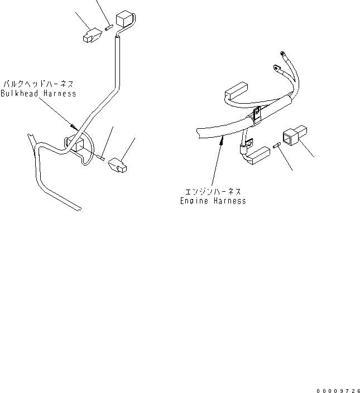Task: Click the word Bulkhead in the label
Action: pos(20,94)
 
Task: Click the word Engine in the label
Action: pos(194,201)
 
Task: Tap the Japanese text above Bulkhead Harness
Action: pos(39,84)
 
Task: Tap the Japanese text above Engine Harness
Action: pos(213,192)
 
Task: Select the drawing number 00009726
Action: pos(338,391)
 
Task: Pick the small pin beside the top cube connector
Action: pos(109,27)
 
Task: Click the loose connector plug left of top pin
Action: pos(92,36)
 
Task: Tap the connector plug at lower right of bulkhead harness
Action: pos(117,165)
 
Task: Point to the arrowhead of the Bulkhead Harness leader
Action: pos(74,127)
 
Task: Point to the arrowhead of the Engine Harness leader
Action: pos(222,140)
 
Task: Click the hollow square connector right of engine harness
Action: pos(295,135)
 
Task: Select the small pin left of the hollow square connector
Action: pos(276,145)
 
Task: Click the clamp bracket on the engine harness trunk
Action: pos(257,115)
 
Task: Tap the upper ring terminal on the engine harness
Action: pos(282,54)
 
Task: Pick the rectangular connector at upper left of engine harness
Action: pos(236,91)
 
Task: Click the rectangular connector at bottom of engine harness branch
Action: pos(258,156)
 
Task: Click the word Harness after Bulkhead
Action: pos(60,94)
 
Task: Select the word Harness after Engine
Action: pos(230,201)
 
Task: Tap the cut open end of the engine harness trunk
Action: pos(198,134)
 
